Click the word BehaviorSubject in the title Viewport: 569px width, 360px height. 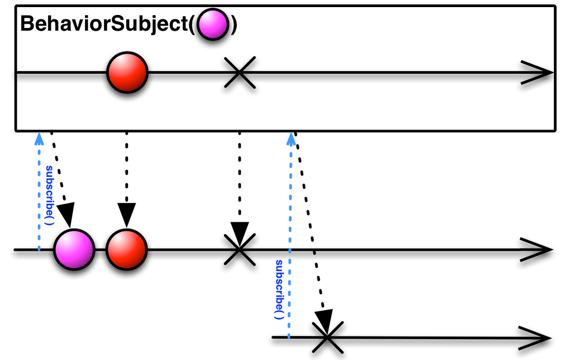(x=104, y=24)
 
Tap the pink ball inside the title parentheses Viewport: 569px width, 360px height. (x=213, y=24)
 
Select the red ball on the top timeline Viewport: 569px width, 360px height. (x=127, y=73)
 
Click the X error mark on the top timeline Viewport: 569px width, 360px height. (x=240, y=73)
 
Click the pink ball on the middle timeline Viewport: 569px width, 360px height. (x=75, y=249)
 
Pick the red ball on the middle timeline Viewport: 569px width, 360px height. (x=127, y=249)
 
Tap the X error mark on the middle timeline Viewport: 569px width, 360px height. (x=240, y=249)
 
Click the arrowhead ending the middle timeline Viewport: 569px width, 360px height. (x=536, y=249)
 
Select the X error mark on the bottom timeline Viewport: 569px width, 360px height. (x=327, y=337)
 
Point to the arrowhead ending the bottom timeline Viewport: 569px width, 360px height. (x=535, y=338)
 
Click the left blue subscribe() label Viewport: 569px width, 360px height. (x=50, y=195)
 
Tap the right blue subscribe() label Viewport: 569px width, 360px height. (x=279, y=289)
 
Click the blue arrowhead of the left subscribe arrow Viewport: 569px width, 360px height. (x=39, y=139)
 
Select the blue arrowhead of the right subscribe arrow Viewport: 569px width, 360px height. (x=290, y=139)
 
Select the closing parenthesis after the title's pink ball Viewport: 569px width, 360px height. (x=233, y=25)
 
